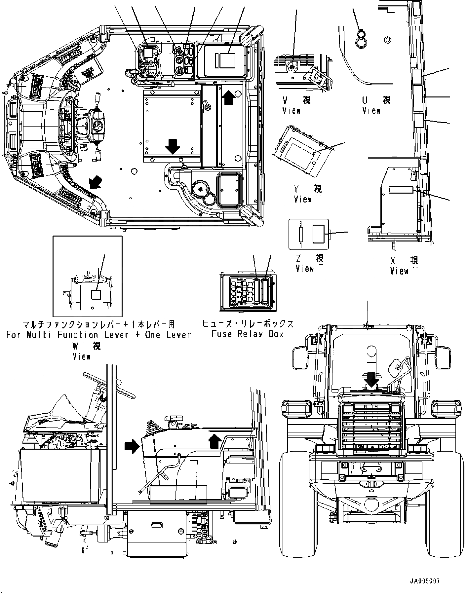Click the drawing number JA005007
(425, 581)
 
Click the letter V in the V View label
(285, 100)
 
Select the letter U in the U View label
(365, 100)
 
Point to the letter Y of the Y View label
(297, 189)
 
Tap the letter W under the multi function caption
(75, 346)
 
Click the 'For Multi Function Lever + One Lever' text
(98, 334)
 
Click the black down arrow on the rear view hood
(371, 380)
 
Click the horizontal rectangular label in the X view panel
(401, 190)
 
